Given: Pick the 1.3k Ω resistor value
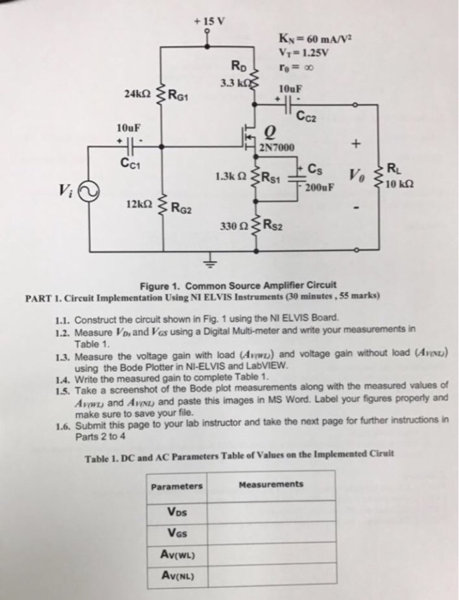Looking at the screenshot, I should click(x=227, y=177).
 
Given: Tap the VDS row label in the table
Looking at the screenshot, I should click(x=176, y=513).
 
